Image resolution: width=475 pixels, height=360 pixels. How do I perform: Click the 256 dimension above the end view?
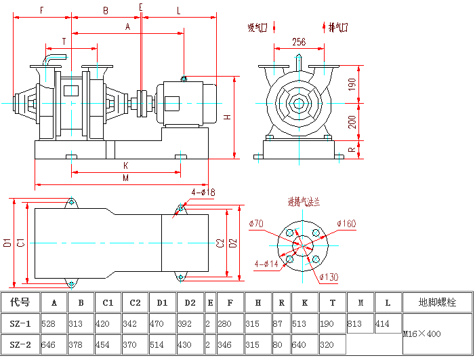click(299, 42)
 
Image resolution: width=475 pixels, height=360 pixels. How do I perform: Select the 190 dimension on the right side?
click(352, 84)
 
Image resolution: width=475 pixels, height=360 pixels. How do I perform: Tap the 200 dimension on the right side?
click(352, 122)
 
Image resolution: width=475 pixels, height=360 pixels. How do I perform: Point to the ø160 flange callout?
click(346, 224)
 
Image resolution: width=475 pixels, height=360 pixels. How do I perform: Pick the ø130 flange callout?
click(328, 276)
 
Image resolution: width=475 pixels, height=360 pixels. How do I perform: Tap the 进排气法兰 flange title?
click(303, 202)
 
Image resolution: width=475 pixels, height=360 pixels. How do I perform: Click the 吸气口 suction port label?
click(257, 28)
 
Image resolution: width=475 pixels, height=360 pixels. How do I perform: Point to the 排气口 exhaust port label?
click(337, 28)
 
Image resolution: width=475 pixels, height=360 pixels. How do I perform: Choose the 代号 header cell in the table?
click(20, 302)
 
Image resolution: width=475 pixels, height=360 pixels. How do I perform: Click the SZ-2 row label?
click(20, 344)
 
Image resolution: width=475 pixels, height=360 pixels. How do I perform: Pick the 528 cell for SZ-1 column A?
click(49, 324)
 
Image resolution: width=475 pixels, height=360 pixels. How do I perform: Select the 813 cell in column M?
click(356, 324)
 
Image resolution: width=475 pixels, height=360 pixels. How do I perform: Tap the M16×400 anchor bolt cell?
click(421, 334)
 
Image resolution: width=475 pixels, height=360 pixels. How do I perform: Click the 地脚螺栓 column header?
click(437, 302)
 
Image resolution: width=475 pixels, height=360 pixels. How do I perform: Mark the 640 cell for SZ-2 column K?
click(300, 344)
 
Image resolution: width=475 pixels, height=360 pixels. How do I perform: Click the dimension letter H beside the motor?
click(228, 116)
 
